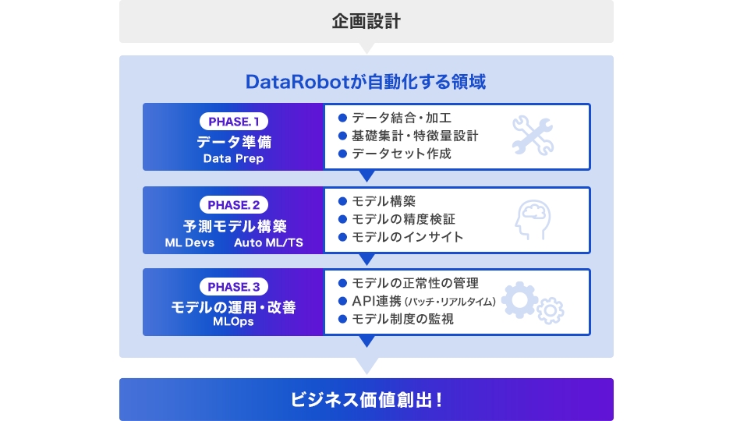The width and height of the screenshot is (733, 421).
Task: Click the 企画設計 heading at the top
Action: click(x=366, y=21)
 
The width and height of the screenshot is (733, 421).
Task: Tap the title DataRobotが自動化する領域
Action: click(x=366, y=82)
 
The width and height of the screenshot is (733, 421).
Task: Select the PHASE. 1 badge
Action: click(x=234, y=122)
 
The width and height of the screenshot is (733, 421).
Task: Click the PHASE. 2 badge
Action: click(x=234, y=205)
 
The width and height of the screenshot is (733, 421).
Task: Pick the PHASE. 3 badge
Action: click(x=234, y=286)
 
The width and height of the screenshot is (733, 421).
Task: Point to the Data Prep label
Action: click(x=233, y=158)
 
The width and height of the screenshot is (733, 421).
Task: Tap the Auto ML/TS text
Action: click(x=268, y=242)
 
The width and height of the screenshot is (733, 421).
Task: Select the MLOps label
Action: click(x=233, y=321)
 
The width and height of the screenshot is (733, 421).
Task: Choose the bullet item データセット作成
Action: click(x=401, y=154)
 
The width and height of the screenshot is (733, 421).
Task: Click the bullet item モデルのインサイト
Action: click(x=407, y=236)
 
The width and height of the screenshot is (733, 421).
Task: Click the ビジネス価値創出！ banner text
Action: click(x=366, y=400)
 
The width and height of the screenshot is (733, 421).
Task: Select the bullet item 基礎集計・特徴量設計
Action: click(x=415, y=136)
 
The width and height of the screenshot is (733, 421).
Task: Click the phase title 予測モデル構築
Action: click(x=234, y=226)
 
